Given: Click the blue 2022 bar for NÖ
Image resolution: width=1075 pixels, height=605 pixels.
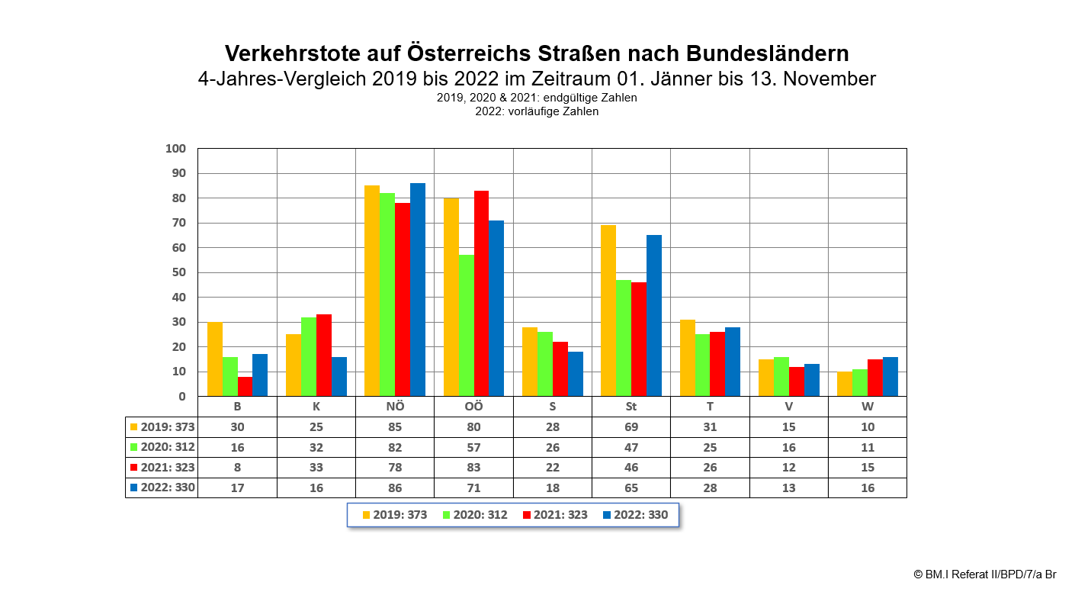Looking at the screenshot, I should [418, 290].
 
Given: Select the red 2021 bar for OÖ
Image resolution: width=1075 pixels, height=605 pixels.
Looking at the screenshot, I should [481, 294].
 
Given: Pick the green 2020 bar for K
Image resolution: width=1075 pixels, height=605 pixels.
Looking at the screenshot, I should [309, 356].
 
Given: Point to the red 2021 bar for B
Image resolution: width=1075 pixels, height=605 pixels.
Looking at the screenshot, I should [245, 386].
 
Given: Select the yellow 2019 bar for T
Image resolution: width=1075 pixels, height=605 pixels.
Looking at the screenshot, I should [687, 358].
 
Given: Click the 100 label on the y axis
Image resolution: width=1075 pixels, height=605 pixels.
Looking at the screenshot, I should [175, 149].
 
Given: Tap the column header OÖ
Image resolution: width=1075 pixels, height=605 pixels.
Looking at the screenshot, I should [473, 407].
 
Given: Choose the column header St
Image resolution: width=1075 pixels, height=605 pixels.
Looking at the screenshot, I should [631, 407].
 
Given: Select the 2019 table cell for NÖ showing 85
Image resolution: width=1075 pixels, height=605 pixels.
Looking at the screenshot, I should [395, 427].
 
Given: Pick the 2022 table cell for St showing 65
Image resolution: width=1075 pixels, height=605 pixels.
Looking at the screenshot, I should [631, 488].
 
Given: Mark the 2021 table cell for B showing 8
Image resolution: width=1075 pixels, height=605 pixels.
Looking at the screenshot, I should [237, 468].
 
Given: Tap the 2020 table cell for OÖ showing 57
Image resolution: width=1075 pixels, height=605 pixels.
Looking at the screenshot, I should [473, 448].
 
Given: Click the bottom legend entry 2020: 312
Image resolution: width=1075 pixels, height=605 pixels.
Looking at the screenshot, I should [474, 515].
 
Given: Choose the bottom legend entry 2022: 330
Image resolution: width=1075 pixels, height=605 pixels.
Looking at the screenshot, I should [635, 515].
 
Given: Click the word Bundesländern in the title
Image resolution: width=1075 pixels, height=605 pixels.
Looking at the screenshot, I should [768, 53].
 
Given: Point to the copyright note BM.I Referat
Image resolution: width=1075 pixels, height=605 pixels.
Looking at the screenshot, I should [984, 574].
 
